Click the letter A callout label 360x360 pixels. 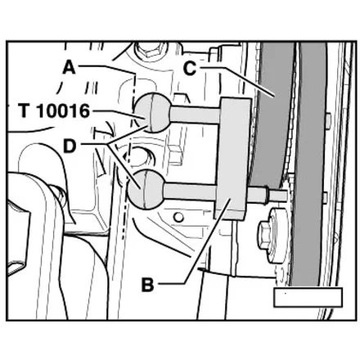tap(69, 68)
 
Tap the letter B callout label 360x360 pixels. tap(147, 285)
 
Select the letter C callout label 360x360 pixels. tap(190, 68)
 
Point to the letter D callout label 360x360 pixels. tap(70, 146)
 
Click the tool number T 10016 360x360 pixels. tap(54, 111)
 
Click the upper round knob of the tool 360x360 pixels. tap(153, 112)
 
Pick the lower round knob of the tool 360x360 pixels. tap(146, 189)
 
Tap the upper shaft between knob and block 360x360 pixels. tap(195, 115)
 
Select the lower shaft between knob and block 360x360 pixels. tap(191, 192)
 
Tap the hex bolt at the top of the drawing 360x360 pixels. tap(150, 50)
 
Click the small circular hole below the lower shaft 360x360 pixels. tap(178, 217)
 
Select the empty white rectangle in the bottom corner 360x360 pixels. tap(308, 297)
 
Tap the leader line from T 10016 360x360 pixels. tap(118, 115)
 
